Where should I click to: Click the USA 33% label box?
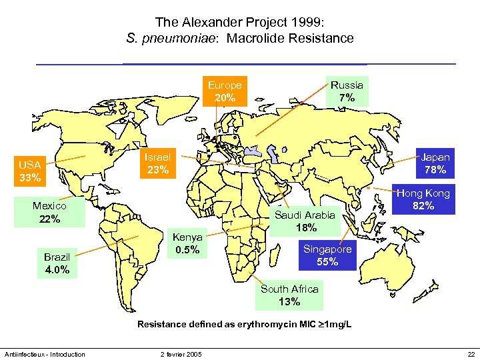(30, 171)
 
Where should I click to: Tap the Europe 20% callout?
(225, 91)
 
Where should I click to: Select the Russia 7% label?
(347, 91)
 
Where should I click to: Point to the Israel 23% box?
(158, 163)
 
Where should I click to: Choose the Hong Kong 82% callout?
(423, 199)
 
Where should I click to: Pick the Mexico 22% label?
(49, 213)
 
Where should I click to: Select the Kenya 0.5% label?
(187, 244)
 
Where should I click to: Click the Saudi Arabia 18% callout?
(306, 221)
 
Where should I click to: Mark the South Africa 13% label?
(289, 295)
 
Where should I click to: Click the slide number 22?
(471, 354)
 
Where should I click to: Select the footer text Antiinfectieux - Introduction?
(45, 354)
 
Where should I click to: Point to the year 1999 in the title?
(309, 21)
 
